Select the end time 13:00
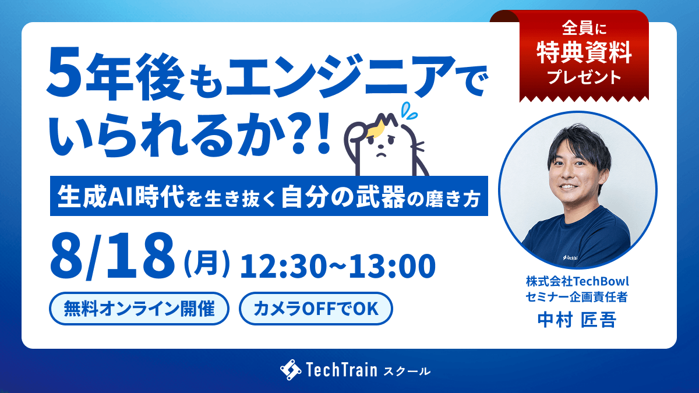392,266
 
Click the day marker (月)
207,264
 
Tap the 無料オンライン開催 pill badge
139,309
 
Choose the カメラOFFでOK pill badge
316,309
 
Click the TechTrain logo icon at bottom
291,370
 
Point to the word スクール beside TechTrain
407,371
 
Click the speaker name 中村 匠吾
577,320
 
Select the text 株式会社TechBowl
577,281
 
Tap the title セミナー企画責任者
577,296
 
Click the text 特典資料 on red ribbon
584,52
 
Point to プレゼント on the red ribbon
584,77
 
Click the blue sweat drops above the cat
408,111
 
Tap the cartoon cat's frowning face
381,147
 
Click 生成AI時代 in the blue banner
121,197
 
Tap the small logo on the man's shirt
570,257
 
